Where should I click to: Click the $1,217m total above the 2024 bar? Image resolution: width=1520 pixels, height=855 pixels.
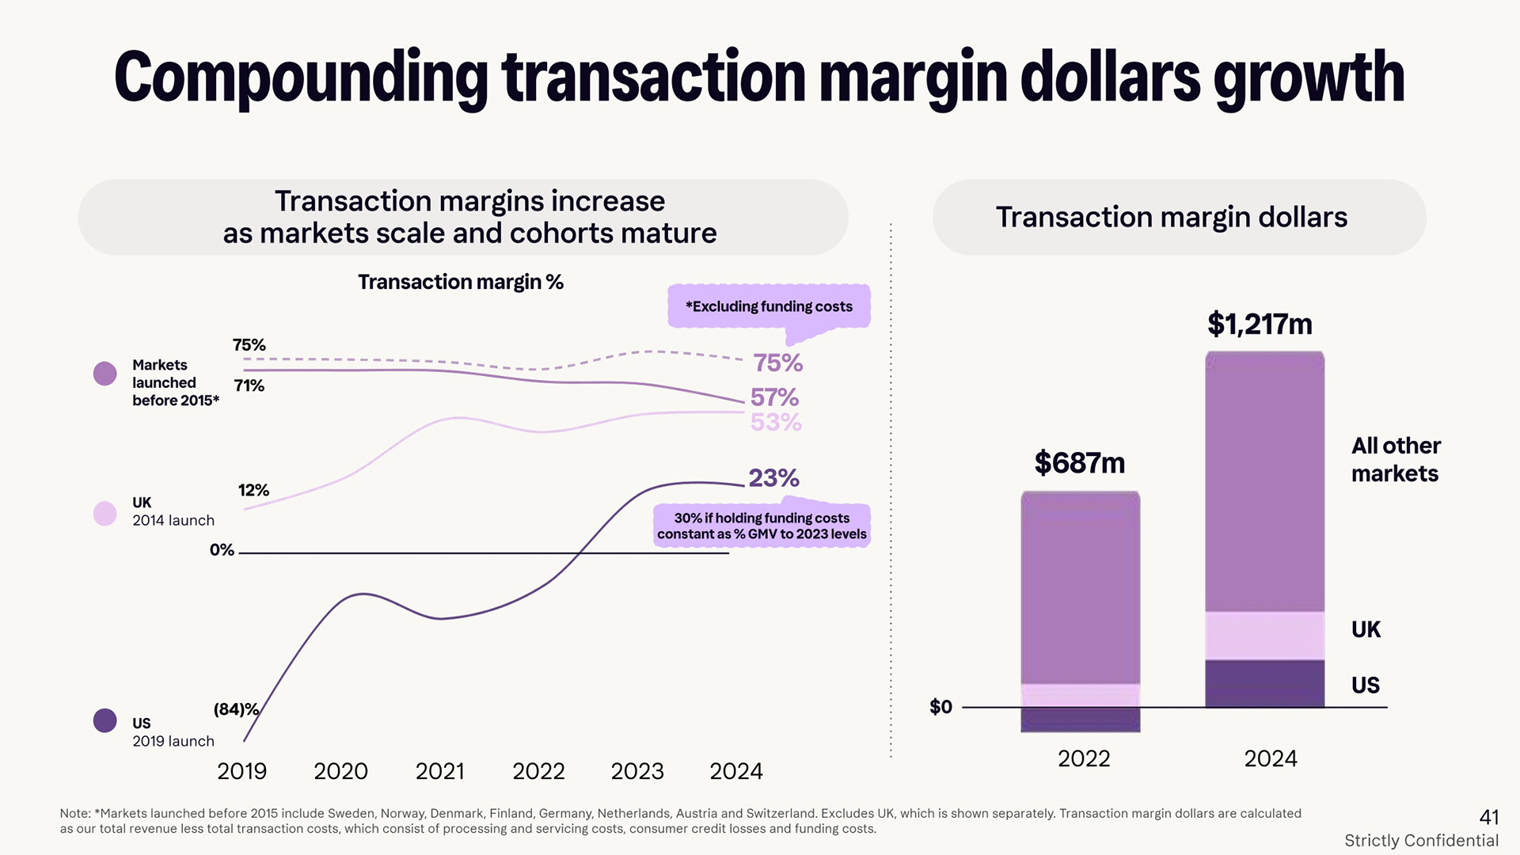tap(1260, 325)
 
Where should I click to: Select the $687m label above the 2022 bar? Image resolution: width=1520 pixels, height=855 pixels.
tap(1079, 463)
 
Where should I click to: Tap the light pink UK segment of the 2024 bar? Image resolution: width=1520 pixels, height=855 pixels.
tap(1264, 636)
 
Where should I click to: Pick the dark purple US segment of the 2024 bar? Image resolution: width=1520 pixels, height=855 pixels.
tap(1264, 683)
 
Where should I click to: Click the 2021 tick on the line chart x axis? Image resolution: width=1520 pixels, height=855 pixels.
tap(439, 771)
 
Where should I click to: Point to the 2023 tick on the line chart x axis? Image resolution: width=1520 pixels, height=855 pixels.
tap(636, 771)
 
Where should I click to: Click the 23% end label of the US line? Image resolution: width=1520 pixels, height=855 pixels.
tap(773, 478)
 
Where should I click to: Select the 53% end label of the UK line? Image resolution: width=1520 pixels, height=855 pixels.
tap(776, 423)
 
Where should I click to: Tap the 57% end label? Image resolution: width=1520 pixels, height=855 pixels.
tap(774, 397)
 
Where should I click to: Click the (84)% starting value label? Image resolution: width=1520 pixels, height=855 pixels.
tap(236, 709)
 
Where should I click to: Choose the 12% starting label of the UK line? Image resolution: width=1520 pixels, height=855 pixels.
tap(253, 491)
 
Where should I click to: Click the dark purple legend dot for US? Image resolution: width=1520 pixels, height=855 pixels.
tap(105, 720)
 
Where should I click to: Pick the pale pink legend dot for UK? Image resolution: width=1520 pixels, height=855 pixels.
tap(105, 513)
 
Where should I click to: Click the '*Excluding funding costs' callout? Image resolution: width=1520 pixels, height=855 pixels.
tap(769, 306)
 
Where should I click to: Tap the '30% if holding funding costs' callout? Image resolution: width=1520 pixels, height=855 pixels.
tap(762, 526)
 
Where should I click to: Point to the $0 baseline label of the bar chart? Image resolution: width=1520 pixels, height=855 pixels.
tap(940, 707)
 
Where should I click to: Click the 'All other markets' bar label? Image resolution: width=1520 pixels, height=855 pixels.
tap(1395, 460)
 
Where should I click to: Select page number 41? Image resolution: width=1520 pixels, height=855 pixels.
tap(1488, 817)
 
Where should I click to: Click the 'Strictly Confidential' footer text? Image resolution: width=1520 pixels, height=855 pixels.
tap(1421, 841)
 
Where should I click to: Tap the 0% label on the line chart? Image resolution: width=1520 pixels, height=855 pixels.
tap(222, 550)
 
